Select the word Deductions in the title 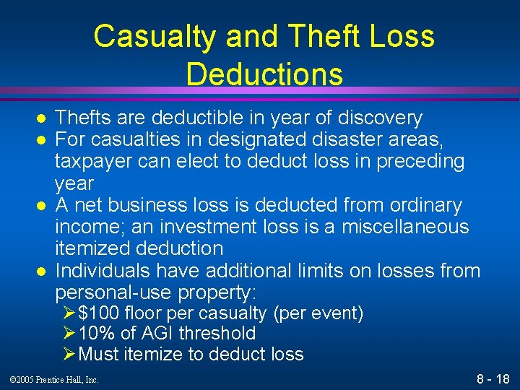tap(264, 74)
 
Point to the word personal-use tap(111, 292)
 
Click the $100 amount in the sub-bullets tap(99, 313)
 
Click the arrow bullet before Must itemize tap(69, 355)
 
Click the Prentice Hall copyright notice tap(55, 380)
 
